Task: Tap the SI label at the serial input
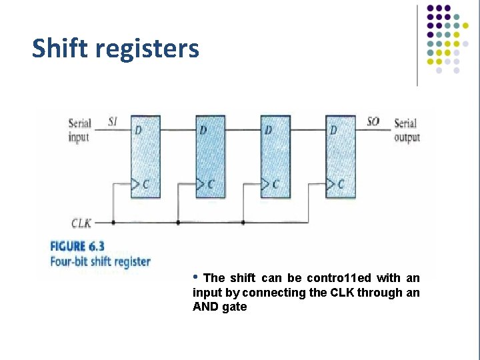click(114, 123)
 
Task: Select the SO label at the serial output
click(373, 122)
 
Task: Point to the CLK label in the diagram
click(81, 222)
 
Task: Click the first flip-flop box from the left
click(145, 157)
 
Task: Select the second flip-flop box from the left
click(210, 157)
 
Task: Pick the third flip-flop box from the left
click(275, 157)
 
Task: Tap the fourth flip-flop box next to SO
click(340, 157)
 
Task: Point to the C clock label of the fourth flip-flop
click(341, 184)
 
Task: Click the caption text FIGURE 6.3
click(77, 247)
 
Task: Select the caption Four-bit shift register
click(101, 261)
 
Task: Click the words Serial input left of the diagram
click(79, 130)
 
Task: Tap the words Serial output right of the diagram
click(407, 130)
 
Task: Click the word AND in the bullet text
click(204, 307)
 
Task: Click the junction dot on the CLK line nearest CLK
click(113, 222)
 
